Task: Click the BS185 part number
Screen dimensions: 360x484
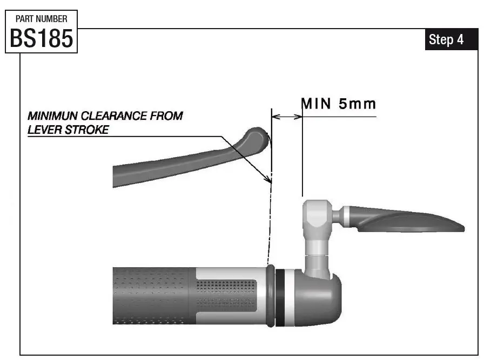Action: [42, 38]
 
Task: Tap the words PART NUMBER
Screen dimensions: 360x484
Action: [42, 18]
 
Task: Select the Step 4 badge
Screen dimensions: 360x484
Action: [446, 40]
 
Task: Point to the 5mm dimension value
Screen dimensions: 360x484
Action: [357, 104]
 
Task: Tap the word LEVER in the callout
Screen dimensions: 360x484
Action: [43, 130]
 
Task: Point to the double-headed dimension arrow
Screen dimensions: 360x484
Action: [287, 116]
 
